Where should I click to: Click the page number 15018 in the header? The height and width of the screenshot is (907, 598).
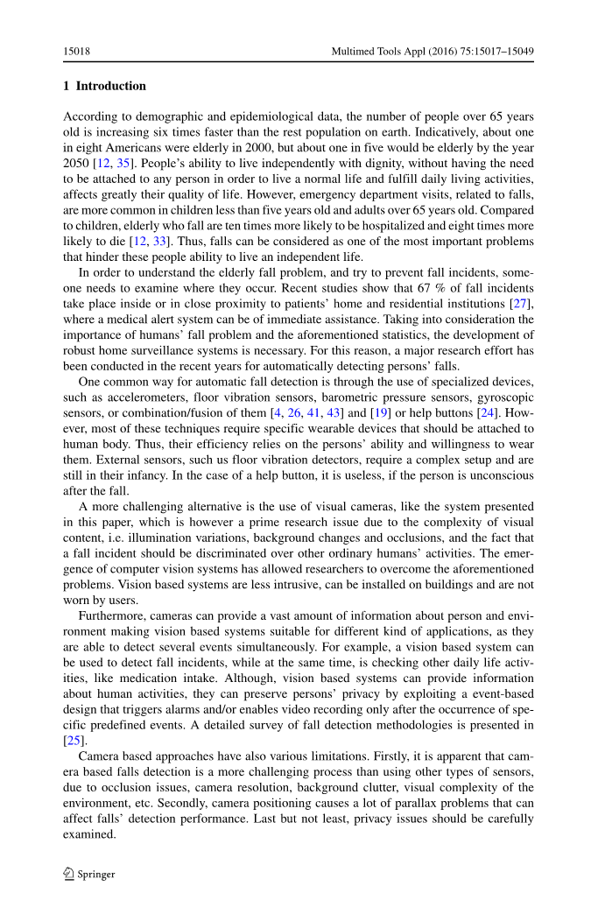(x=77, y=52)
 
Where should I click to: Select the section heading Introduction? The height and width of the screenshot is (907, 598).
(x=110, y=86)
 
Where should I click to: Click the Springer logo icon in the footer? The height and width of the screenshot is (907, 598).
(x=68, y=873)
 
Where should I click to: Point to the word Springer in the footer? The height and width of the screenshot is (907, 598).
(x=97, y=874)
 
